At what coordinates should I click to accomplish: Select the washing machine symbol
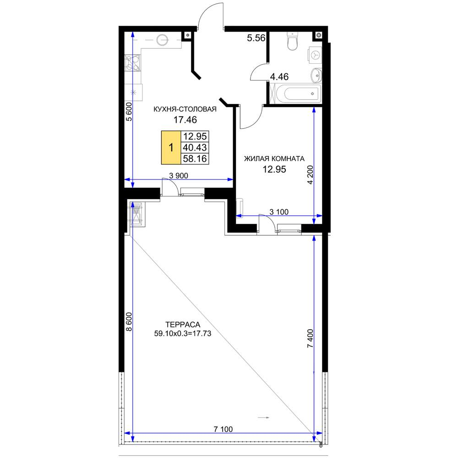(315, 55)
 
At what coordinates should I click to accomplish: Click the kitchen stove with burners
(133, 63)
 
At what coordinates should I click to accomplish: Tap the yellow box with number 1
(171, 147)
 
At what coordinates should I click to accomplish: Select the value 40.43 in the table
(195, 147)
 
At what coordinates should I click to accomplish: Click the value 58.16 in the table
(195, 158)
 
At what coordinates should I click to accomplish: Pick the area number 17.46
(185, 120)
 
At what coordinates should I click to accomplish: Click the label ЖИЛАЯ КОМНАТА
(274, 158)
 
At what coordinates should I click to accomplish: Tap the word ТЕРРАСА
(183, 325)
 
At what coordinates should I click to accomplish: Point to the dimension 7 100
(223, 429)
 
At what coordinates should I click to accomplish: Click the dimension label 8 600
(129, 322)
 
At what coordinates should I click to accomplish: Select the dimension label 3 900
(179, 175)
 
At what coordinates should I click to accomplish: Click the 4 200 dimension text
(310, 174)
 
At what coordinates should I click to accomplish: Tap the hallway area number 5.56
(256, 38)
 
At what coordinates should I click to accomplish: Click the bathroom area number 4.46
(279, 76)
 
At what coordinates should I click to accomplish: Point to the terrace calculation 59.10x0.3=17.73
(183, 333)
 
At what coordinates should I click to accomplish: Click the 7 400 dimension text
(310, 338)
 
